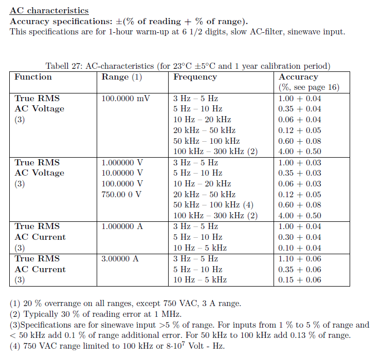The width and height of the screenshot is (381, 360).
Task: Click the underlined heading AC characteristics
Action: pyautogui.click(x=49, y=11)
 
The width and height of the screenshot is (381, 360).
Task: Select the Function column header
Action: pyautogui.click(x=33, y=77)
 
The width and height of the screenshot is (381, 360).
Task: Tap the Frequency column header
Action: pyautogui.click(x=195, y=77)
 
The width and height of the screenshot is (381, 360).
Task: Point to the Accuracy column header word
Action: pyautogui.click(x=298, y=77)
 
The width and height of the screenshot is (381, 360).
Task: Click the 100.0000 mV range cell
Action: pyautogui.click(x=125, y=98)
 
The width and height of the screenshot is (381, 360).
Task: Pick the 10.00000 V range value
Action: pyautogui.click(x=122, y=173)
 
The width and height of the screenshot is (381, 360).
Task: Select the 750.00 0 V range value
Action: pyautogui.click(x=122, y=195)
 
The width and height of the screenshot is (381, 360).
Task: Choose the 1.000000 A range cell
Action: pyautogui.click(x=122, y=226)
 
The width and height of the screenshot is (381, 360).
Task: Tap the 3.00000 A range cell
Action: pyautogui.click(x=120, y=259)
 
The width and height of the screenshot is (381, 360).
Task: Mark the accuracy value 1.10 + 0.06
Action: pyautogui.click(x=299, y=259)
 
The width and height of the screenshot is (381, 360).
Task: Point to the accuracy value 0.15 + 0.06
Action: pyautogui.click(x=299, y=280)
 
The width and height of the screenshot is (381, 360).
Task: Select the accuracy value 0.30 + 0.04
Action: pyautogui.click(x=299, y=237)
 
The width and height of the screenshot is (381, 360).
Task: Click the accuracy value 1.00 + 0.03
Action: pyautogui.click(x=299, y=162)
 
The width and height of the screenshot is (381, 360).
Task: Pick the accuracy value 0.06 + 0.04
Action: pyautogui.click(x=299, y=120)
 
